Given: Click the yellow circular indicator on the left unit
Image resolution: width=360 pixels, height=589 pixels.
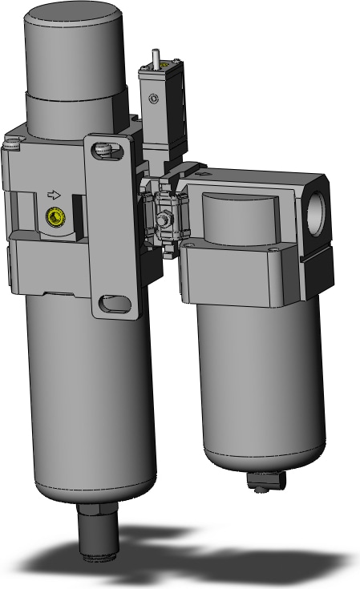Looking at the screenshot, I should coord(55,216).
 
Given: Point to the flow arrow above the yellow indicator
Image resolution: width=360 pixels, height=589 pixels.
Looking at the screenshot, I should coord(55,194).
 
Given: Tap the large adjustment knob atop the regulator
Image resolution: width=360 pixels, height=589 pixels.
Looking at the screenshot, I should coord(76,48).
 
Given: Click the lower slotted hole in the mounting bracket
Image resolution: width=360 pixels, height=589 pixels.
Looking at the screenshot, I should coord(113,304).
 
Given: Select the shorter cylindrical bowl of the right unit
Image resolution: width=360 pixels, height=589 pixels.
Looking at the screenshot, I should coord(261,385).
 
